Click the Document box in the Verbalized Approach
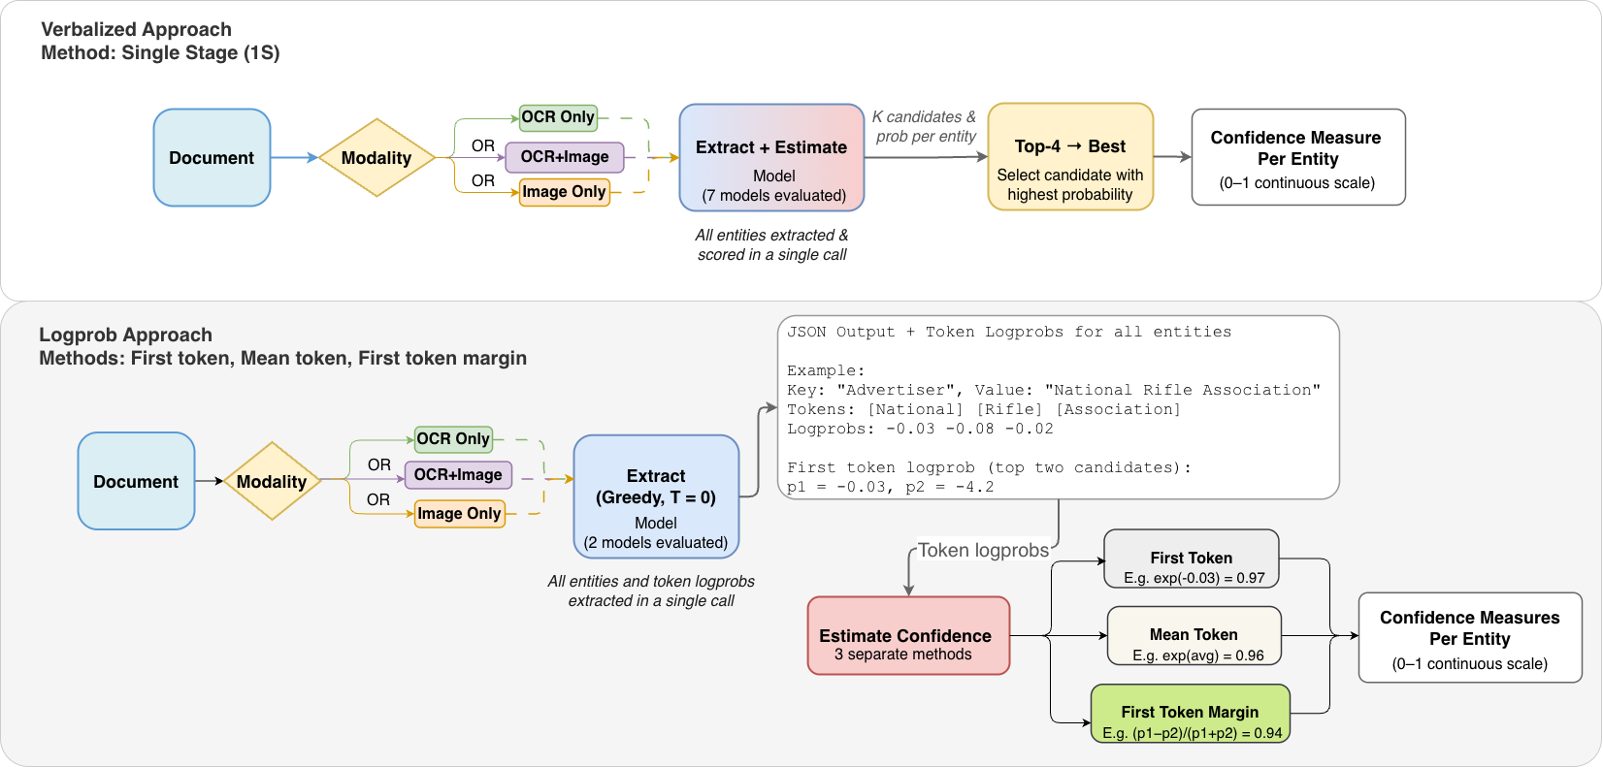tap(212, 158)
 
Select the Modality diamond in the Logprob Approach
tap(272, 481)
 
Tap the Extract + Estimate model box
tap(771, 157)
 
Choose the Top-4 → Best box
tap(1070, 156)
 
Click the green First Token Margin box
tap(1190, 714)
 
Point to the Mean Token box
tap(1194, 635)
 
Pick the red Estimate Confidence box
tap(909, 635)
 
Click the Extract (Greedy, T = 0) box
tap(656, 496)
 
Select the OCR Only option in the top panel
tap(558, 117)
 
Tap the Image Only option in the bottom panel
tap(459, 513)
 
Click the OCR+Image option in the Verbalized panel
tap(565, 157)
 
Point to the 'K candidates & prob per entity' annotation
tap(926, 126)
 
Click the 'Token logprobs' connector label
tap(983, 550)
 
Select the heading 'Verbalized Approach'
tap(136, 29)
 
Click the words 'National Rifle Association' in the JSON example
tap(1182, 391)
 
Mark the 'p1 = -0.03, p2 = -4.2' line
tap(890, 488)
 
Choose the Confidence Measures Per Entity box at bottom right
tap(1470, 638)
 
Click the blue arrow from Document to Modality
tap(294, 157)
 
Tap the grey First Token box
tap(1192, 559)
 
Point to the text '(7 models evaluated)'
tap(773, 195)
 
